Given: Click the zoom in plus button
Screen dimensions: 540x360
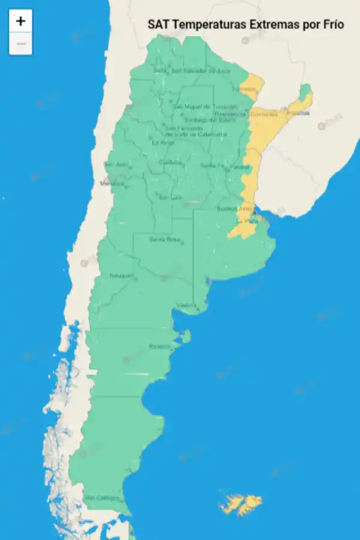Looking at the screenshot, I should [x=20, y=21].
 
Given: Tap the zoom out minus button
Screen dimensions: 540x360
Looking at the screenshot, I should [x=20, y=44].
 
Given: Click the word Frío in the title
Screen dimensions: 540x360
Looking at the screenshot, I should [x=332, y=24].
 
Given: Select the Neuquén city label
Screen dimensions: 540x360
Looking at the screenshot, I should [x=121, y=275].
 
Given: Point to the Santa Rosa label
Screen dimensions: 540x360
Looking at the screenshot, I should [x=164, y=239].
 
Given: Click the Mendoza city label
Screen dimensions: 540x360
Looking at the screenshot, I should [x=112, y=183].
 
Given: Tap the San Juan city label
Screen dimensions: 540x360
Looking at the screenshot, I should [x=116, y=164].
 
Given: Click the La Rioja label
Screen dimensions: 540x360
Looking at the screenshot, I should [x=163, y=143].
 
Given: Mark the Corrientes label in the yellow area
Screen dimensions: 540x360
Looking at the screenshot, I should [x=264, y=114].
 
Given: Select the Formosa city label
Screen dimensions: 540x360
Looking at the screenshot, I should [x=244, y=89].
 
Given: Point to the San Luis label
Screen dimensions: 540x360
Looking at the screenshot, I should [x=169, y=197].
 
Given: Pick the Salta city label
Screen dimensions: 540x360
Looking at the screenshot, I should [x=160, y=70].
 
